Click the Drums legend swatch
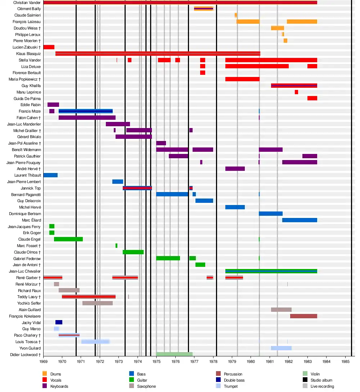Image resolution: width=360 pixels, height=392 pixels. [45, 374]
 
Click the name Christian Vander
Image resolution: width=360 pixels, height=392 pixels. [27, 3]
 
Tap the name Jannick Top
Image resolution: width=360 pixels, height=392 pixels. [31, 188]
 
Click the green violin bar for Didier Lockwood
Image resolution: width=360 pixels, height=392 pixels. [174, 354]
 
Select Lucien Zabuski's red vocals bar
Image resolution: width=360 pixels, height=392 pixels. [49, 47]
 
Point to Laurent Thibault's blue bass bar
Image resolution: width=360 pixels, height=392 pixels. [50, 175]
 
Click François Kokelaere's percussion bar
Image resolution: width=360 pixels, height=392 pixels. [303, 316]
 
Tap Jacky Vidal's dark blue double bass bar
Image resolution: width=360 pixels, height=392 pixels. [59, 322]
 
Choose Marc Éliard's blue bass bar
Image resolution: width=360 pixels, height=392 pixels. [300, 220]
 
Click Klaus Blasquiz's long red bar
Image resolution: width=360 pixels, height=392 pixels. [158, 54]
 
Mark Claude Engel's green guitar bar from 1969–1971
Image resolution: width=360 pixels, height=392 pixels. [68, 239]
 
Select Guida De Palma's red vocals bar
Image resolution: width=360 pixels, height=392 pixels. [312, 98]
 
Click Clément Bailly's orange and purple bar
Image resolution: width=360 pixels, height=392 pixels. [203, 9]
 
